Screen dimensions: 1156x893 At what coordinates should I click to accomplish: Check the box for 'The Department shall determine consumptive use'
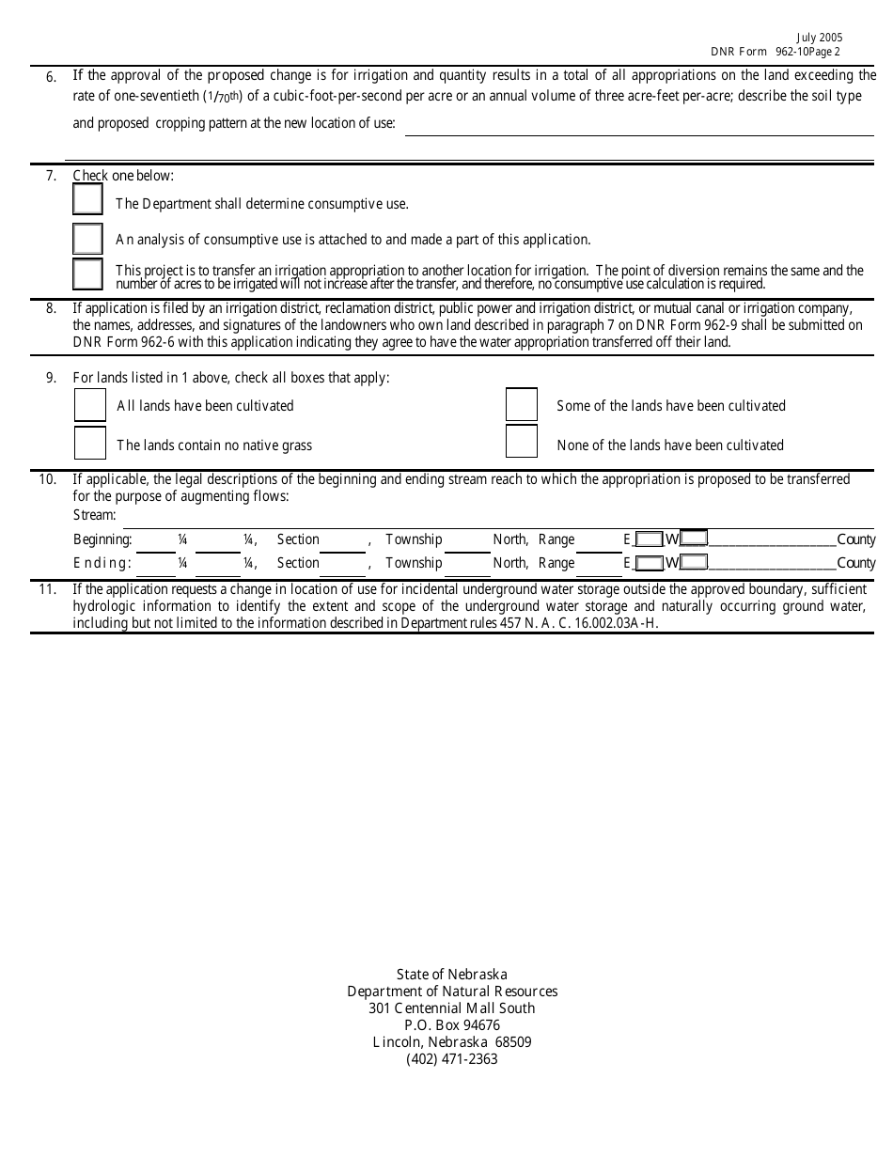click(x=87, y=199)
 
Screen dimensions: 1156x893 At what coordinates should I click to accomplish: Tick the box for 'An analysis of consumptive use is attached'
click(x=87, y=239)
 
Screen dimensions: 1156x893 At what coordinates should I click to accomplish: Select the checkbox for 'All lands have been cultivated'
click(x=90, y=405)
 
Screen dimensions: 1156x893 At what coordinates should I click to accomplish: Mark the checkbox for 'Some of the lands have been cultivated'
click(x=522, y=405)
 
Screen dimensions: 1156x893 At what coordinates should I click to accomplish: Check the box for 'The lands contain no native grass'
click(x=90, y=444)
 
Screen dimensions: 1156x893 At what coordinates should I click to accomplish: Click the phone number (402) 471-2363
click(x=452, y=1059)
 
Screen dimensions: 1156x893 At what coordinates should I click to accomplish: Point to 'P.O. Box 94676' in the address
click(x=452, y=1025)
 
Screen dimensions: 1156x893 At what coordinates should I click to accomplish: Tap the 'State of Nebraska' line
click(x=452, y=975)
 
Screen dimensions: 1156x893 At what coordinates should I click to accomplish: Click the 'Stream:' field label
click(x=95, y=515)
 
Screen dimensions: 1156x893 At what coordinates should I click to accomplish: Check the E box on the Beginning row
click(x=648, y=539)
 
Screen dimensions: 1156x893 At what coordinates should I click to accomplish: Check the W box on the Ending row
click(x=694, y=563)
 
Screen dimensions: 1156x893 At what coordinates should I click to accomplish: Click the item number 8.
click(x=51, y=308)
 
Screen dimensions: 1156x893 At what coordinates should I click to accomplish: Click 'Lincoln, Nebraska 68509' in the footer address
click(x=452, y=1042)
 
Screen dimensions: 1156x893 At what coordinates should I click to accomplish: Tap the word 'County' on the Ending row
click(x=855, y=563)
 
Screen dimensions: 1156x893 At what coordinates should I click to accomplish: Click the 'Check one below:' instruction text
click(x=123, y=176)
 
